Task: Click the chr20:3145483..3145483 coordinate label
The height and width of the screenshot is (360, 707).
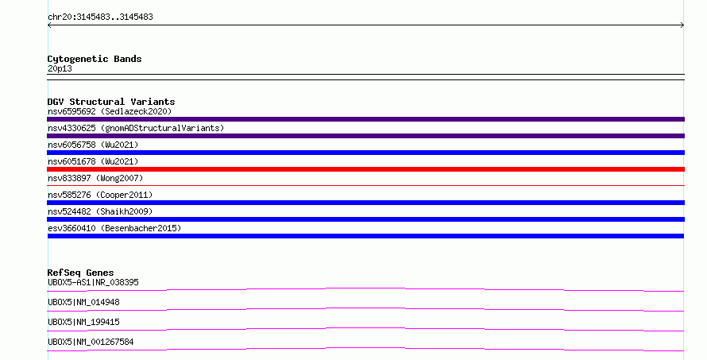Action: [101, 17]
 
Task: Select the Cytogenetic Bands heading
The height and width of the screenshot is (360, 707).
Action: [95, 59]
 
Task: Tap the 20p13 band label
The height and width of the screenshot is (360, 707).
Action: [60, 68]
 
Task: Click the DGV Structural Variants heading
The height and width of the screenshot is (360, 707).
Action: [111, 102]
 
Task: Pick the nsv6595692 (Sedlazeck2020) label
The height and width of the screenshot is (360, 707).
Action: [110, 111]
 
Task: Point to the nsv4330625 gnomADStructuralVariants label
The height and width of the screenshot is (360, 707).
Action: [136, 128]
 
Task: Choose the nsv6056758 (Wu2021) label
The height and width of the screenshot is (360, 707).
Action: [93, 145]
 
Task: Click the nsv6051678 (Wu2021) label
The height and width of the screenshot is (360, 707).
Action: [93, 161]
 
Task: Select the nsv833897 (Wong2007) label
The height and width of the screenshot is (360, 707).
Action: [95, 178]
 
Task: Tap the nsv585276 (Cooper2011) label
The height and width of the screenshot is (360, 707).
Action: [100, 195]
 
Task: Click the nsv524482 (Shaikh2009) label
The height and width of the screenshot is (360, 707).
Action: [100, 211]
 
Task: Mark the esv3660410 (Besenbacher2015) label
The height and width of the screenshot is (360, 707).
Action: [114, 228]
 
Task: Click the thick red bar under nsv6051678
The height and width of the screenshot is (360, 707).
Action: [365, 169]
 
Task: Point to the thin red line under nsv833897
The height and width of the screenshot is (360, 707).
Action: [365, 185]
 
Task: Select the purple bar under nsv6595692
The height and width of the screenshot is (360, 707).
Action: [365, 119]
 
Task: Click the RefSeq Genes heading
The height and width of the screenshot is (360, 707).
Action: [80, 273]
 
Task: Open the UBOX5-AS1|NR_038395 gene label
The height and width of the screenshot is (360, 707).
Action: [93, 282]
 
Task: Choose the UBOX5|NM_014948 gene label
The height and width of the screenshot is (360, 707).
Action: [83, 302]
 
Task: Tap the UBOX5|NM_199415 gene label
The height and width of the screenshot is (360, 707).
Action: [83, 322]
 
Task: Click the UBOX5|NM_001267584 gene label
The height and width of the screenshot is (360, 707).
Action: [91, 342]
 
